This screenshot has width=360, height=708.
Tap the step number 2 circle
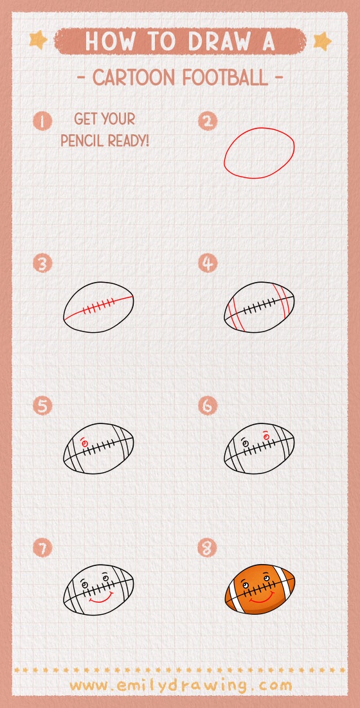(208, 121)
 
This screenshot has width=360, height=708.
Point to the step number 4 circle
(208, 263)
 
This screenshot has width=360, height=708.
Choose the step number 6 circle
(208, 405)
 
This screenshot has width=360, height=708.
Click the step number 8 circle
(208, 548)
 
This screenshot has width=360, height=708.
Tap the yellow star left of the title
(39, 40)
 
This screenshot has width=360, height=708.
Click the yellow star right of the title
(321, 41)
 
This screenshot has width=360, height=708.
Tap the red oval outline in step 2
(225, 154)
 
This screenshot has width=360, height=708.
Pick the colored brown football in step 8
(260, 589)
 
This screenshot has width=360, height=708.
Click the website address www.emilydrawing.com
(180, 686)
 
